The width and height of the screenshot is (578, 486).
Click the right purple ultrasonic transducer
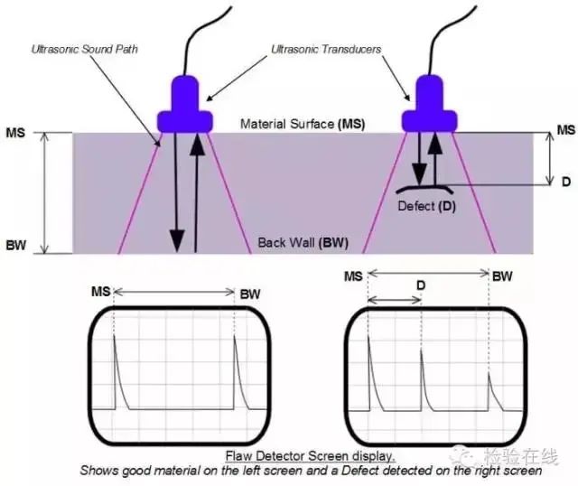(427, 104)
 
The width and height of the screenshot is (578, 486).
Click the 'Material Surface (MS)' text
(303, 124)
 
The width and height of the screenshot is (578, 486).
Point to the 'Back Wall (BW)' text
(303, 242)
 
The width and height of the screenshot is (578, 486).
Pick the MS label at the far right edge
(565, 131)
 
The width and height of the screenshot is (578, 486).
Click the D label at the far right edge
(565, 182)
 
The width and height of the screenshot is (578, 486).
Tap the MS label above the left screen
(103, 293)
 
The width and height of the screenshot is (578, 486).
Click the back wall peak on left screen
(235, 370)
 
